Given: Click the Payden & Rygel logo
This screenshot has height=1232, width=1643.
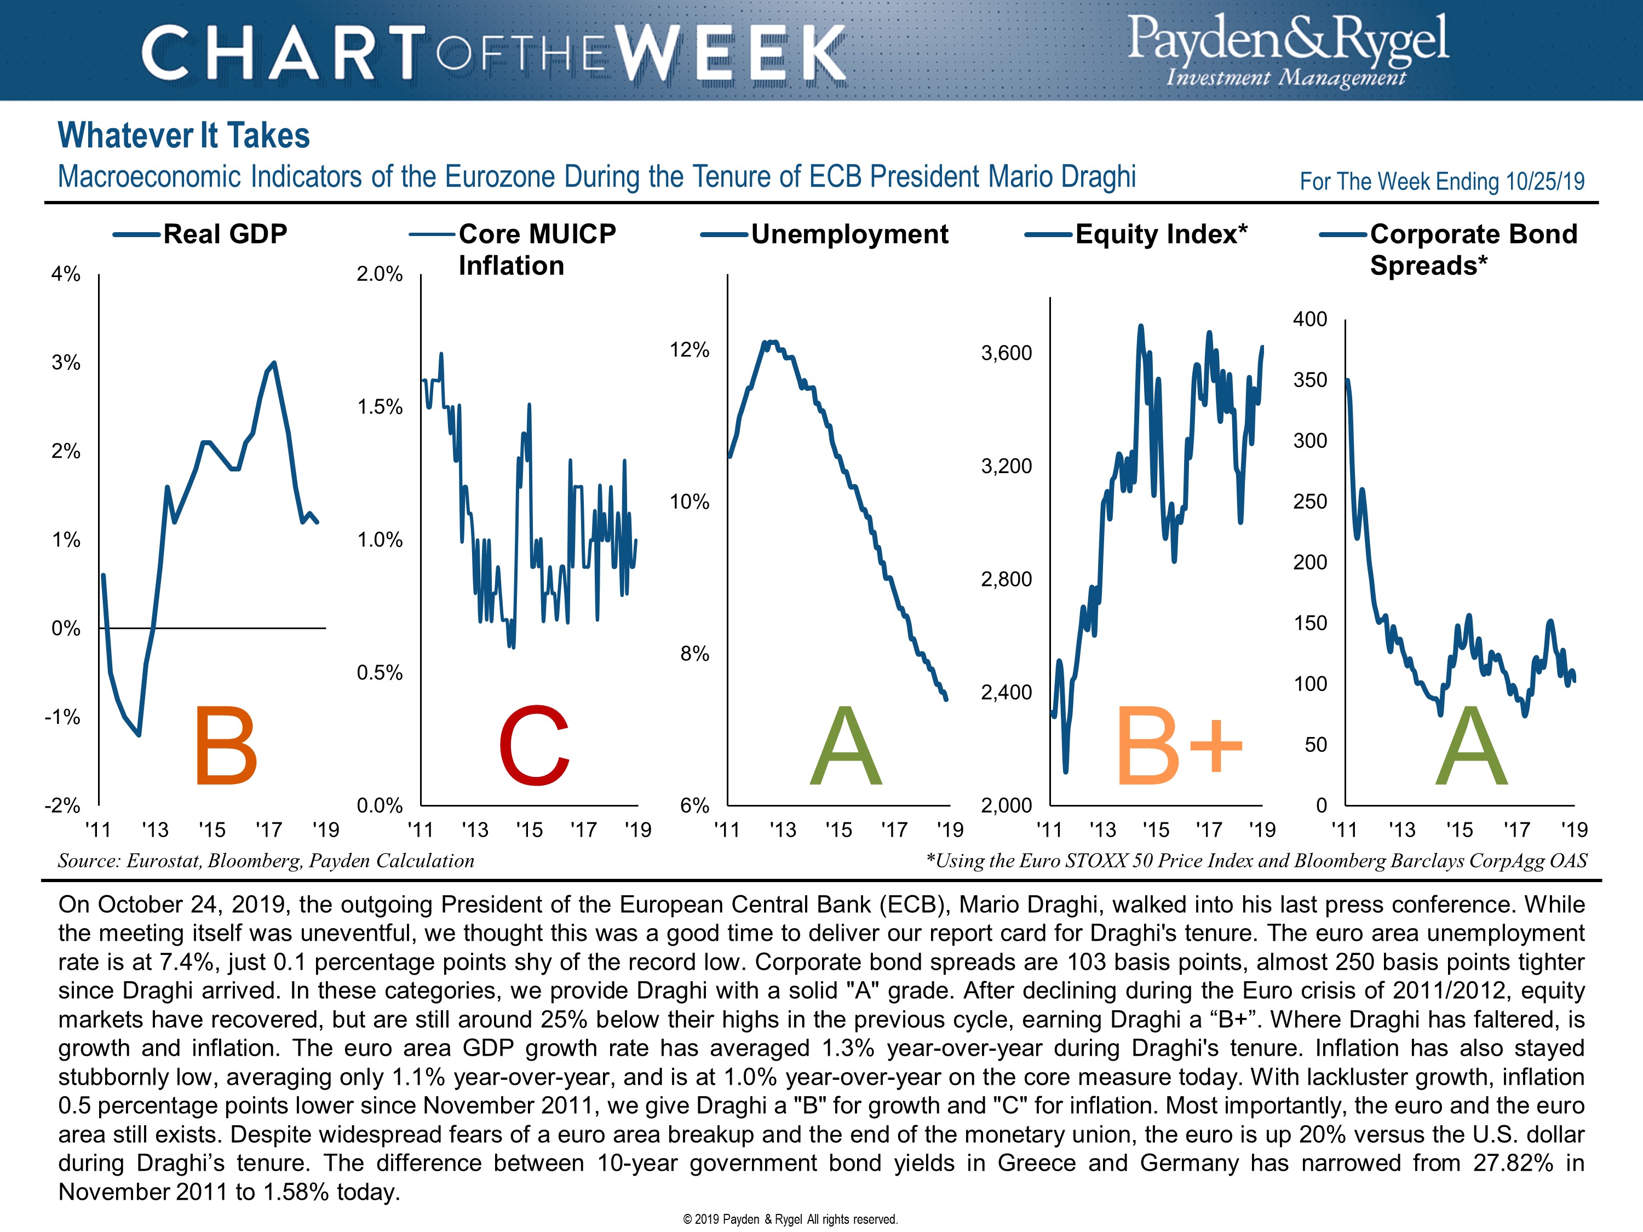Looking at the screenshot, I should pyautogui.click(x=1287, y=50).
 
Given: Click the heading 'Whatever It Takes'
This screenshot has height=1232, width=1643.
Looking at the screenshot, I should pyautogui.click(x=183, y=136).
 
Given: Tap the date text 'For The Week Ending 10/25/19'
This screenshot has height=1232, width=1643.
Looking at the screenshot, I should pyautogui.click(x=1441, y=181).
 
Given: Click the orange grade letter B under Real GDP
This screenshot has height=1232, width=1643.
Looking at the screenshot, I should pyautogui.click(x=225, y=746).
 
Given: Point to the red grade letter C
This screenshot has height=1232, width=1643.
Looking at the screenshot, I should pyautogui.click(x=533, y=746).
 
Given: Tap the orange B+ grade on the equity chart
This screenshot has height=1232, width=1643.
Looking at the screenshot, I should pyautogui.click(x=1178, y=746).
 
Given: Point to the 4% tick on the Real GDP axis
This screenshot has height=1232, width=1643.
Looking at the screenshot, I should pyautogui.click(x=65, y=274).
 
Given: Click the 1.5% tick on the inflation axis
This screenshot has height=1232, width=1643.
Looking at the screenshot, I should pyautogui.click(x=380, y=407).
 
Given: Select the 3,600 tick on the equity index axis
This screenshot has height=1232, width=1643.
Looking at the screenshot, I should pyautogui.click(x=1007, y=353).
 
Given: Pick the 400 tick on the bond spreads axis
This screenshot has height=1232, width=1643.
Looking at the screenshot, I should pyautogui.click(x=1309, y=319).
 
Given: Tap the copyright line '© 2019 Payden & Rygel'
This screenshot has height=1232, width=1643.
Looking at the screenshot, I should pyautogui.click(x=790, y=1219).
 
